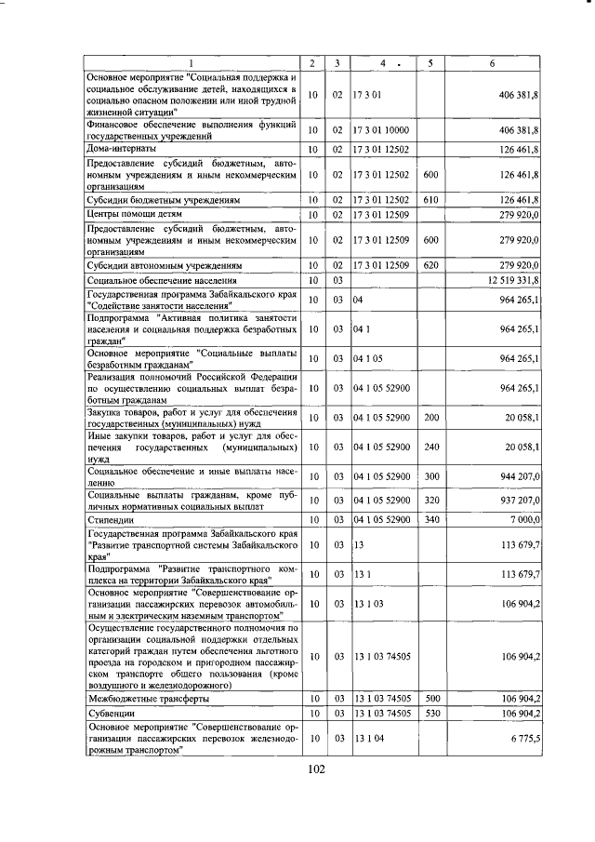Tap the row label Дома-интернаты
(x=121, y=148)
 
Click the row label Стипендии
(x=110, y=521)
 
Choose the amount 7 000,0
(x=523, y=521)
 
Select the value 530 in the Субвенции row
(x=430, y=713)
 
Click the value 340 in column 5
(x=430, y=521)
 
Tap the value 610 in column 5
(x=430, y=199)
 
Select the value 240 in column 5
(x=430, y=447)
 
